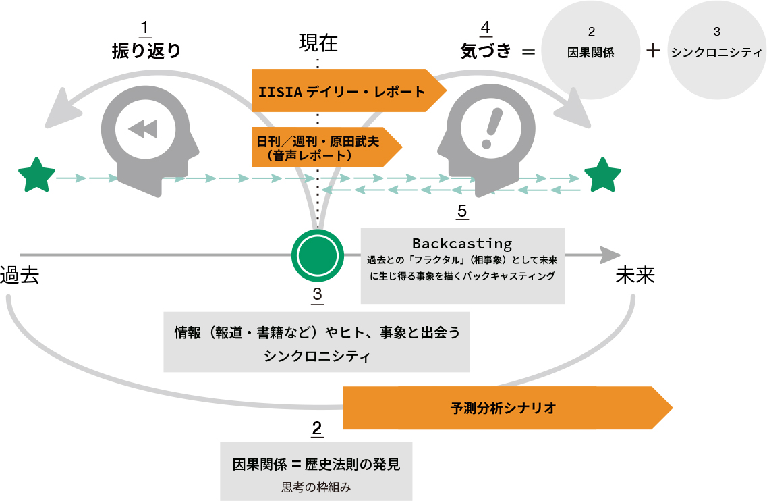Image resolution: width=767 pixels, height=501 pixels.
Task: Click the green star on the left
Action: click(36, 175)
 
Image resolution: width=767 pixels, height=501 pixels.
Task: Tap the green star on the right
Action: click(602, 175)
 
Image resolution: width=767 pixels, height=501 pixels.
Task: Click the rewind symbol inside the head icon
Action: click(144, 129)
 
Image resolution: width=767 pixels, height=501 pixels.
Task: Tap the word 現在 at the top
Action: click(318, 44)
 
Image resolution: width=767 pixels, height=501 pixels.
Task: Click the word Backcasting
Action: click(462, 243)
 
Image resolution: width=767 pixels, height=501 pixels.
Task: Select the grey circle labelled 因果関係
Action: click(591, 51)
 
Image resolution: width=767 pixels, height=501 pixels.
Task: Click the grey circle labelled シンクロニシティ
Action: click(716, 51)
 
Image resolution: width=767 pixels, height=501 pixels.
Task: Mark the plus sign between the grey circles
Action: click(653, 51)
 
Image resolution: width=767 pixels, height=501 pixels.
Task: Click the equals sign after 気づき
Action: click(529, 51)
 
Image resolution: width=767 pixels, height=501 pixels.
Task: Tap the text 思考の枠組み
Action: click(316, 487)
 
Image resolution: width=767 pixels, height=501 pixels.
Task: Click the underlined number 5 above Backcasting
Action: click(462, 211)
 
